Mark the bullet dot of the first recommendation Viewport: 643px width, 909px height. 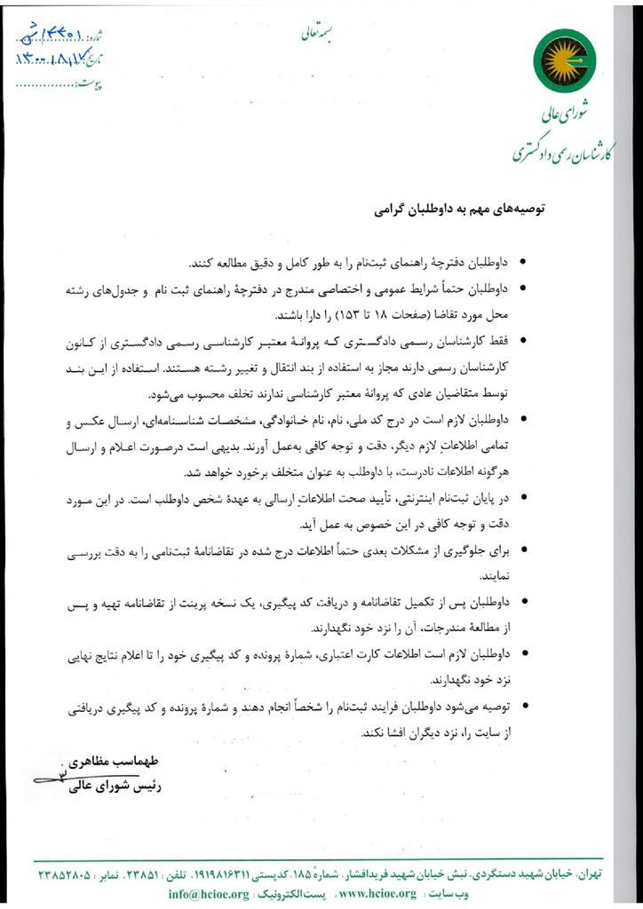524,264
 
